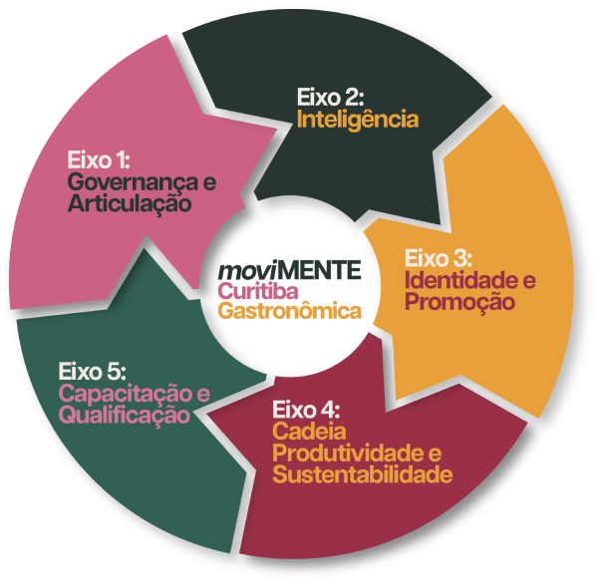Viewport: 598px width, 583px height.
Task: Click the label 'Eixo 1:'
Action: (x=99, y=159)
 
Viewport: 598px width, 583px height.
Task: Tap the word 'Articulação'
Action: (x=130, y=203)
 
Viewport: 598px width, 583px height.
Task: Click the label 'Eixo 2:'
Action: (x=331, y=97)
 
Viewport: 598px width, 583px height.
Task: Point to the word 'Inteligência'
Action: (x=358, y=119)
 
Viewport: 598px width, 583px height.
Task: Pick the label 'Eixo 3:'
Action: (x=439, y=258)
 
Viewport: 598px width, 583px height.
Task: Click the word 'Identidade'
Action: (x=456, y=280)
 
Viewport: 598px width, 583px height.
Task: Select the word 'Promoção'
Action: (x=459, y=302)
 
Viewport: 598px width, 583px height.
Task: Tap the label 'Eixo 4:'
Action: (x=306, y=410)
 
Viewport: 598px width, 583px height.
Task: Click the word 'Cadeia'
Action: (x=309, y=432)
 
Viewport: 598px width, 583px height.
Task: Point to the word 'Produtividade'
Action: (x=348, y=453)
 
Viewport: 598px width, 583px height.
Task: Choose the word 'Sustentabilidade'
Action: (x=363, y=474)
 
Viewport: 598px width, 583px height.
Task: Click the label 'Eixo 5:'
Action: (x=93, y=371)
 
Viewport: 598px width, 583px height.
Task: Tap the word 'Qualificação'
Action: (x=125, y=415)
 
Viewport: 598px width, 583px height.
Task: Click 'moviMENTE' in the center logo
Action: (x=289, y=270)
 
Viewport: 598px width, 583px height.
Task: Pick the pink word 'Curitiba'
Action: (x=258, y=291)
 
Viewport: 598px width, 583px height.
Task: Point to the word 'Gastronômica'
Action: (x=289, y=310)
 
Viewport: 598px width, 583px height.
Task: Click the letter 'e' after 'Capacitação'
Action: (x=203, y=395)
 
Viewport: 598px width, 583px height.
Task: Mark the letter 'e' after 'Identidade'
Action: (x=529, y=281)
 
